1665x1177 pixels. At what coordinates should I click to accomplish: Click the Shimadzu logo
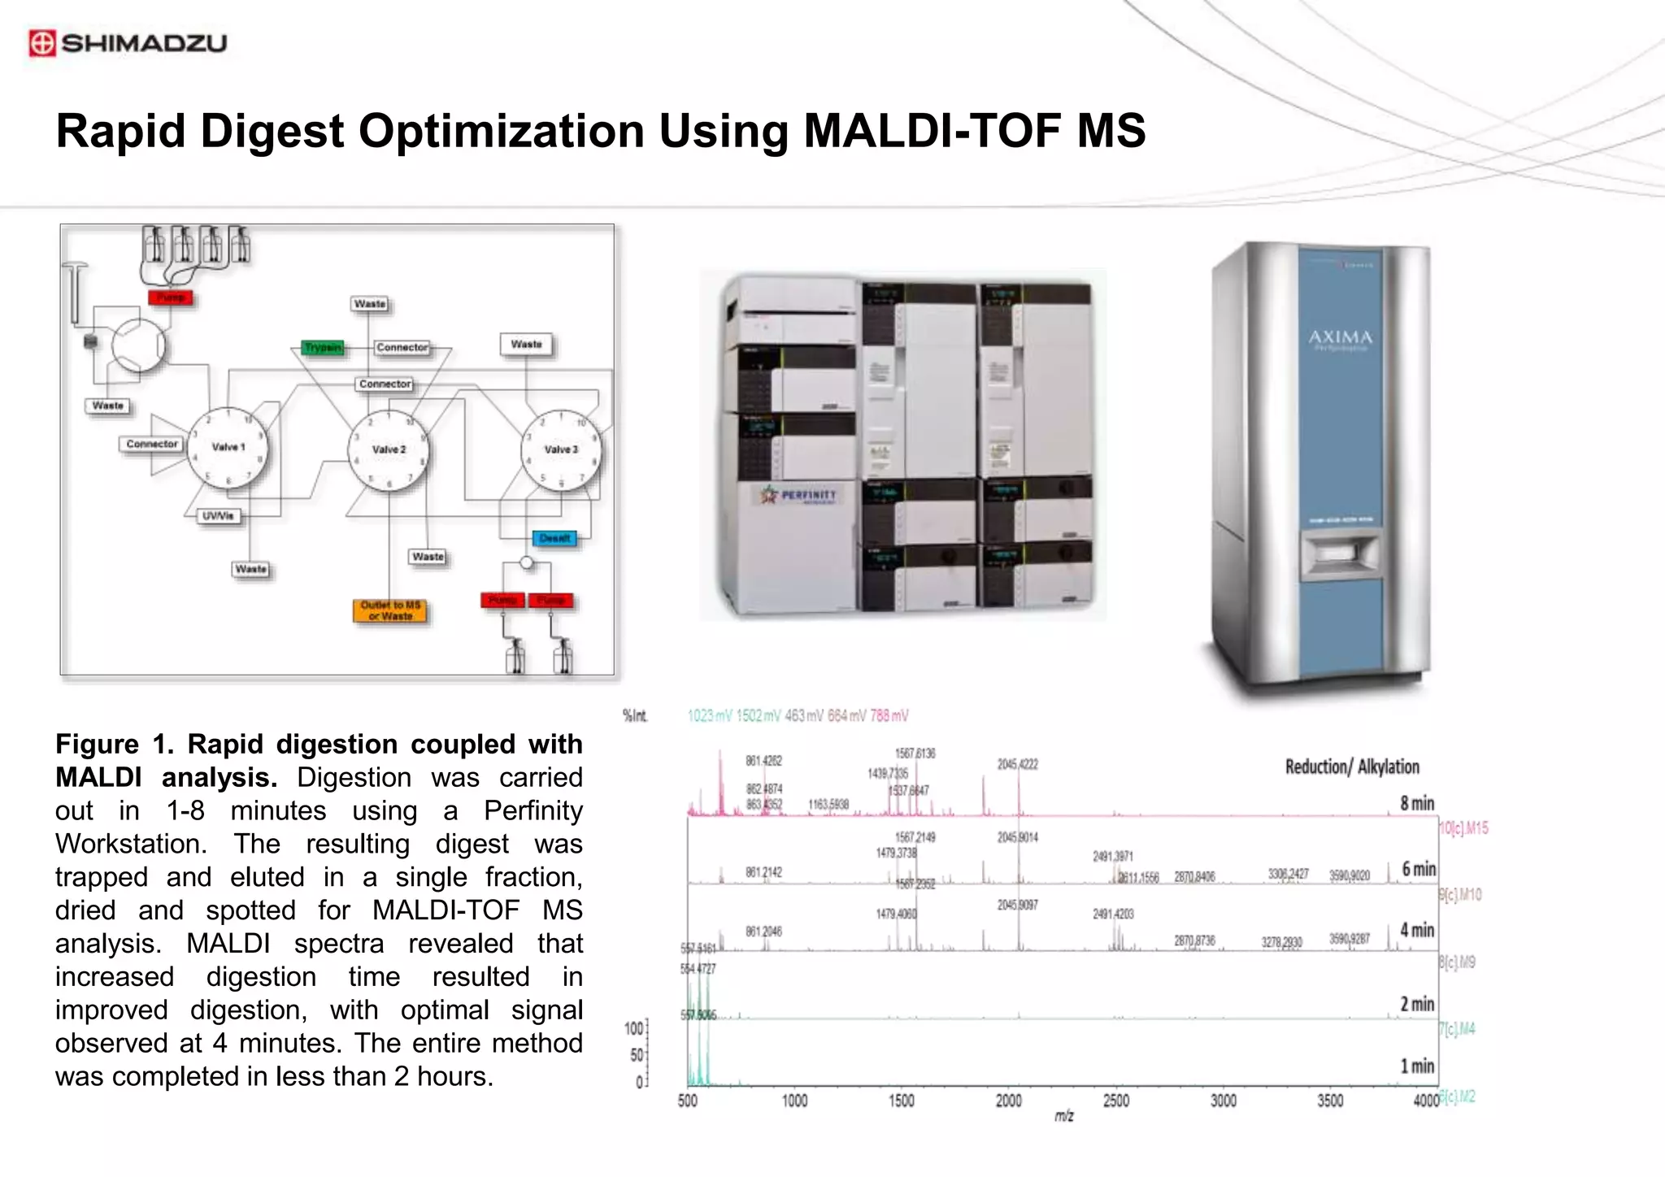click(x=128, y=43)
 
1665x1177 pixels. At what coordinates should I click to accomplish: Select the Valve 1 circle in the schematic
click(x=228, y=447)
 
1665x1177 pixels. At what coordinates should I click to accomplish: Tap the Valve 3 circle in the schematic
click(x=561, y=450)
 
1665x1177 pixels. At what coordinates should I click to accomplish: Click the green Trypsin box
click(x=323, y=348)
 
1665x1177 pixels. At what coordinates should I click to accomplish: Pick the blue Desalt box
click(x=554, y=538)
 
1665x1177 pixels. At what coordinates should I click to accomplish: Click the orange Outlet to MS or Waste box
click(x=390, y=610)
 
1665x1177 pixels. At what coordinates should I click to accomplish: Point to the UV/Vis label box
click(x=218, y=516)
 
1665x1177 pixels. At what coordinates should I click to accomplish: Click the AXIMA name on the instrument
click(x=1340, y=337)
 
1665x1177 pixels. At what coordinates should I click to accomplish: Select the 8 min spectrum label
click(x=1416, y=803)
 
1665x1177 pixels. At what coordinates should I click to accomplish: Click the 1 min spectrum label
click(x=1416, y=1066)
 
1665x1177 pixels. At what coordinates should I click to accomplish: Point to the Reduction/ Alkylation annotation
click(x=1351, y=767)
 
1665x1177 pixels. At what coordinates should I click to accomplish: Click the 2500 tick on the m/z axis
click(x=1115, y=1101)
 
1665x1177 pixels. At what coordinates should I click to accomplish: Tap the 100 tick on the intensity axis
click(x=633, y=1028)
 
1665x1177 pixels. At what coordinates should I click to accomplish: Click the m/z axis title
click(x=1063, y=1116)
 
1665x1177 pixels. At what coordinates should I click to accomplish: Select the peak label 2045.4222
click(x=1017, y=764)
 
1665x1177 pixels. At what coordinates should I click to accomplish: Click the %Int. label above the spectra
click(x=635, y=715)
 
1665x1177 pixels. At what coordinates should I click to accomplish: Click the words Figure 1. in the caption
click(x=114, y=744)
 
